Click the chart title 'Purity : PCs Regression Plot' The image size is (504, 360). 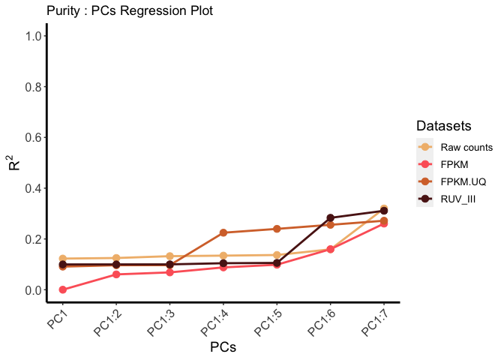(x=129, y=11)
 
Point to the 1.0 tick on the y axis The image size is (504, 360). (x=32, y=36)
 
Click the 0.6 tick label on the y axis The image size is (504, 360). (x=32, y=137)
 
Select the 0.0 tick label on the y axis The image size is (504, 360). (x=32, y=290)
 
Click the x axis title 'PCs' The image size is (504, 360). (x=224, y=348)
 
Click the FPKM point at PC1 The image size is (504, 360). (x=62, y=289)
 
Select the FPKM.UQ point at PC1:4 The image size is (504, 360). (x=223, y=232)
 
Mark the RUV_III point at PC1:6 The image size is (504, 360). (x=331, y=218)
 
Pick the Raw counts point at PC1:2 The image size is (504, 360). (x=116, y=258)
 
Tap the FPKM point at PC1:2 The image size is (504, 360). (x=116, y=274)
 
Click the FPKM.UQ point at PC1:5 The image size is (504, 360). (x=277, y=229)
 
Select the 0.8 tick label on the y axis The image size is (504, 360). (x=32, y=87)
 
